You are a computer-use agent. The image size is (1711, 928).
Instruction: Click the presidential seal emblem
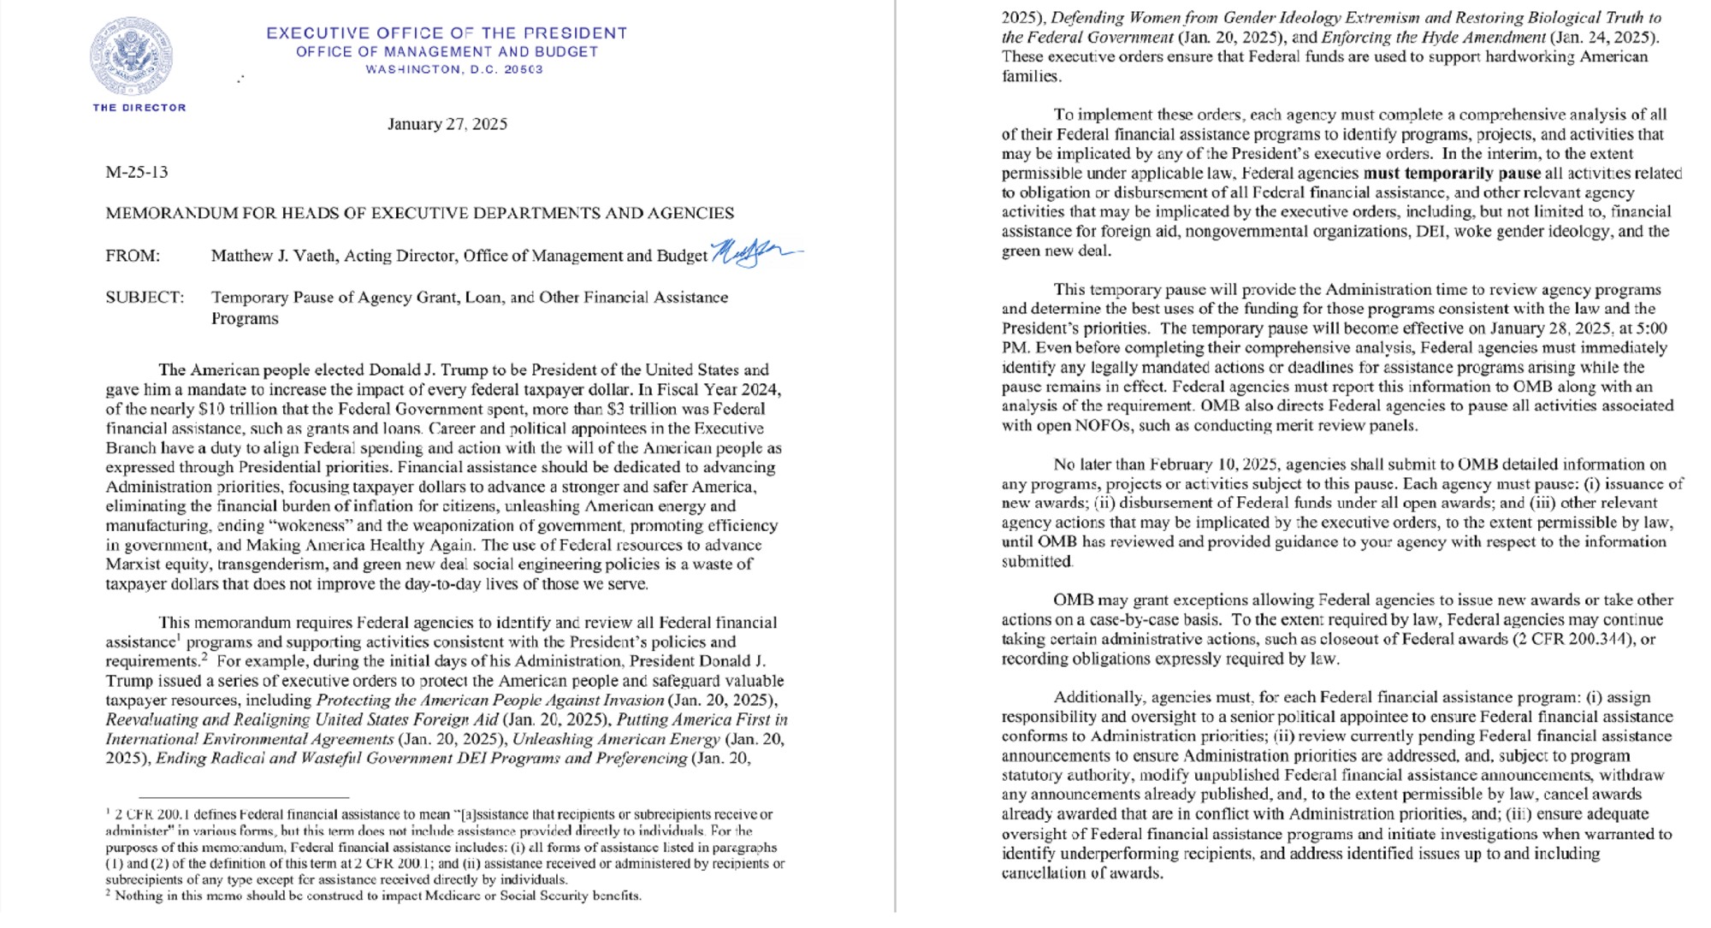pos(132,56)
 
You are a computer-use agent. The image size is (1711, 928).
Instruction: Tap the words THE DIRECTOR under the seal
pos(139,108)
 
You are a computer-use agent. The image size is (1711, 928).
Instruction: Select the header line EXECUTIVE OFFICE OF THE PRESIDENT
pos(447,33)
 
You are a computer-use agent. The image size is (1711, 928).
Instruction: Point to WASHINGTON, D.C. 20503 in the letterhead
pos(454,69)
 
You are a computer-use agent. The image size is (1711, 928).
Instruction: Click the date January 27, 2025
pos(447,124)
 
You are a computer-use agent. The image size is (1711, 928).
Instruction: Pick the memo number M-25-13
pos(137,172)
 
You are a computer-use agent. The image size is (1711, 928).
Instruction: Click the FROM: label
pos(133,256)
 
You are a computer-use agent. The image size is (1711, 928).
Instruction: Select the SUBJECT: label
pos(145,298)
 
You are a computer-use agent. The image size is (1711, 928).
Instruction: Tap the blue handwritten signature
pos(753,252)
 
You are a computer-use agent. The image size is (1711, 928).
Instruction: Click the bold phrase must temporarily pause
pos(1452,173)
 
